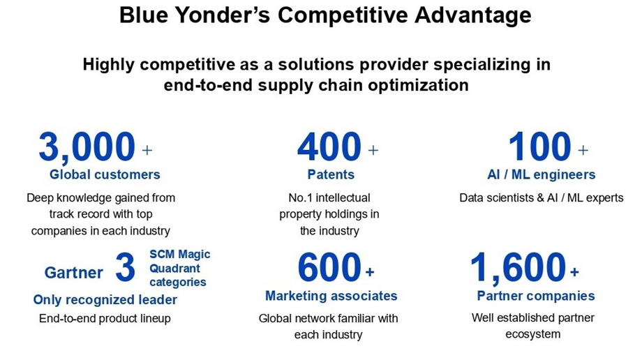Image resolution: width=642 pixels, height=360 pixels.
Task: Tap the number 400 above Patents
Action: (x=329, y=147)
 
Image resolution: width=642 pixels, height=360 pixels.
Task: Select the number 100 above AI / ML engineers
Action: (x=539, y=147)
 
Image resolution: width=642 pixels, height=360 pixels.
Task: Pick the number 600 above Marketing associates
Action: (x=329, y=267)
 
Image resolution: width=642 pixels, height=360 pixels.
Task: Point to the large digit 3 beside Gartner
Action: (x=125, y=267)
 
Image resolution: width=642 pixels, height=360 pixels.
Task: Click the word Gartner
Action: (x=74, y=273)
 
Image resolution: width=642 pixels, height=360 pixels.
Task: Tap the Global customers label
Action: (x=105, y=174)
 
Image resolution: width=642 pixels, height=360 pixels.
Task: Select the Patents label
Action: (x=331, y=174)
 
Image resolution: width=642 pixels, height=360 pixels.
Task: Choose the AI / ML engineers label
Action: (x=542, y=175)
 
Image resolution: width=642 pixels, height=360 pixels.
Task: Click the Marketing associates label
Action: (x=331, y=296)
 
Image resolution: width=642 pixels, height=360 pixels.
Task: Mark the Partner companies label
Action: (x=536, y=296)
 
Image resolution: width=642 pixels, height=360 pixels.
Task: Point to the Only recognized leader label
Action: (x=105, y=300)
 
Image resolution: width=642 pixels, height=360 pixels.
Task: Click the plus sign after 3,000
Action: (x=147, y=150)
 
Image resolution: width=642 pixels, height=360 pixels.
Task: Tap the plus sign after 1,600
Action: (x=574, y=271)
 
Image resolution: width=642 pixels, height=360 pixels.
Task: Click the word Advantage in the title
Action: (x=473, y=16)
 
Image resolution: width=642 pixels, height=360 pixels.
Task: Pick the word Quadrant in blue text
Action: (x=175, y=269)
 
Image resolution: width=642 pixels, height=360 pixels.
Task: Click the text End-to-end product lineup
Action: (x=105, y=319)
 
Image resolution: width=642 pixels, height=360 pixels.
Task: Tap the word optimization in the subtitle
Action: (x=418, y=86)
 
